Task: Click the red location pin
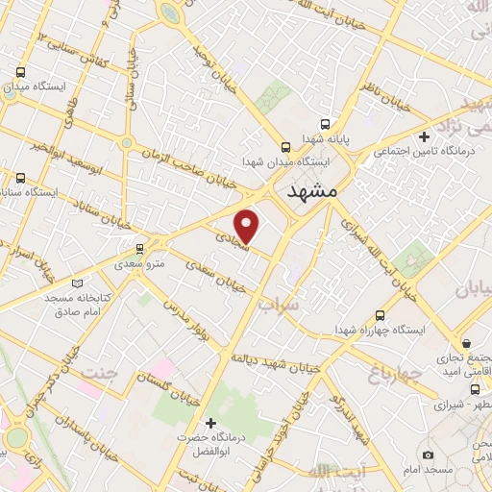(x=248, y=225)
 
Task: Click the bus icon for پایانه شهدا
(x=324, y=125)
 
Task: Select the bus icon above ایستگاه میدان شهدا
(x=284, y=147)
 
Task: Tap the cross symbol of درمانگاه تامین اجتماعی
(x=424, y=137)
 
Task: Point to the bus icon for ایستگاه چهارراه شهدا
(x=381, y=314)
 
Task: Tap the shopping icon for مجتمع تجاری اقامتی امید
(x=466, y=343)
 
